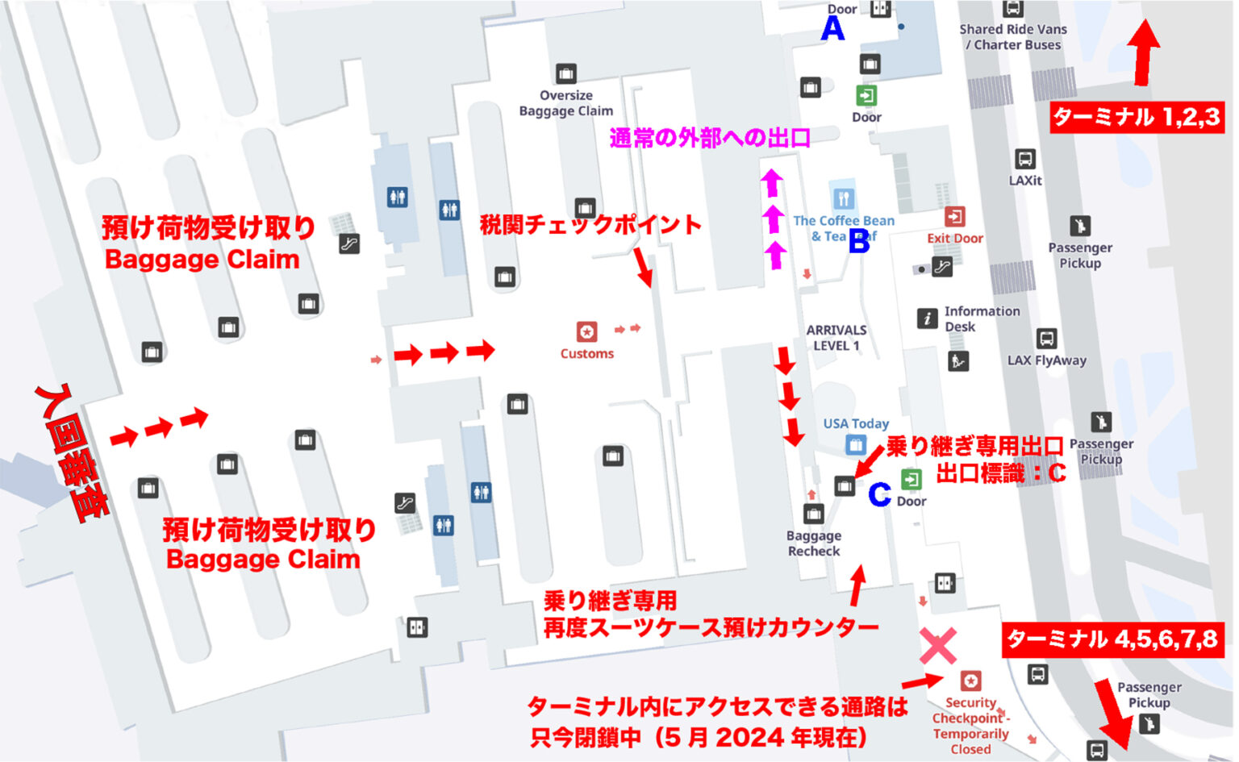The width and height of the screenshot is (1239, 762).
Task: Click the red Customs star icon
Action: click(586, 331)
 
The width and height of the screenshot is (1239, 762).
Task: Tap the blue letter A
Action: click(832, 29)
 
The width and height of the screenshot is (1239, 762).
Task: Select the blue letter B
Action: click(859, 240)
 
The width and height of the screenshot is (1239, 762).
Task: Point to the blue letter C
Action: click(878, 494)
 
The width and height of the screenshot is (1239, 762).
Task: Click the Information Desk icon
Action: click(927, 319)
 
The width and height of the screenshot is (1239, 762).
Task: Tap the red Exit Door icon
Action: click(954, 217)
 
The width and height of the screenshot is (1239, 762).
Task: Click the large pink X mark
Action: click(938, 646)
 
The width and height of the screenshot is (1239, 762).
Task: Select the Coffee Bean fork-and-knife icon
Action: click(843, 198)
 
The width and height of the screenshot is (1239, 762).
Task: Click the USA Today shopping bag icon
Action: click(855, 444)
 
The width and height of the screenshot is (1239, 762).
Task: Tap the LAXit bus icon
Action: click(1024, 158)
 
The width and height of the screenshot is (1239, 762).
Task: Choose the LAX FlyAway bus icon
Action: click(1046, 338)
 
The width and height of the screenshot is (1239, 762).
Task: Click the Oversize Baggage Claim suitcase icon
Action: click(565, 73)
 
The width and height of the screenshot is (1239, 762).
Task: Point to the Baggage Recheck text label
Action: click(813, 543)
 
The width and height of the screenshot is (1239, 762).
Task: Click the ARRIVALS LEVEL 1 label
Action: click(836, 338)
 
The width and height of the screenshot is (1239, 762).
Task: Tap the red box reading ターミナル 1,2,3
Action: click(1136, 118)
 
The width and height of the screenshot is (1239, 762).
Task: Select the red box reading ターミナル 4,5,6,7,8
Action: click(1112, 639)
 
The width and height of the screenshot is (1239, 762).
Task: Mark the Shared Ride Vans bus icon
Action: click(1013, 9)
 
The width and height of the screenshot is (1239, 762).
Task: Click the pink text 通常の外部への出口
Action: click(709, 138)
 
